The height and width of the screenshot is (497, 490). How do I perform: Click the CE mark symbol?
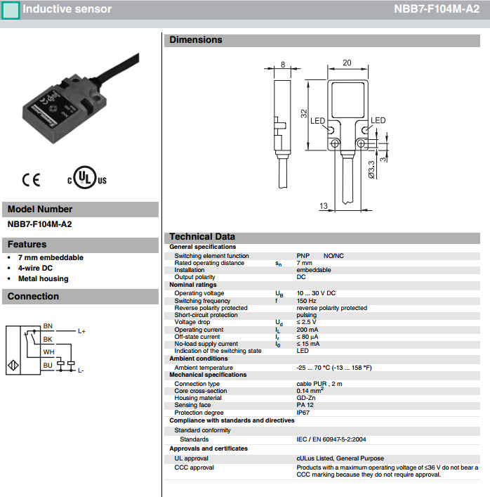pyautogui.click(x=31, y=179)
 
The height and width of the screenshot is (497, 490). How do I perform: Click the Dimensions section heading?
pyautogui.click(x=196, y=40)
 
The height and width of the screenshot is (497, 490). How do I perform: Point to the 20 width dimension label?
pyautogui.click(x=346, y=63)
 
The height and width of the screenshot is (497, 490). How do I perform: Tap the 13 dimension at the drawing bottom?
pyautogui.click(x=324, y=207)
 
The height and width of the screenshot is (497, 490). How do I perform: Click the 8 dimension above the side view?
pyautogui.click(x=282, y=64)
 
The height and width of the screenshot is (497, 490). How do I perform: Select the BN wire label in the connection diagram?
pyautogui.click(x=48, y=326)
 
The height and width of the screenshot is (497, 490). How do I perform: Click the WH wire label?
pyautogui.click(x=48, y=351)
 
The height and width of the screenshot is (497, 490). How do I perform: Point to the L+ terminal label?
pyautogui.click(x=81, y=330)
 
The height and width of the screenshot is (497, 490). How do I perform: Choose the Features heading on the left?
pyautogui.click(x=27, y=245)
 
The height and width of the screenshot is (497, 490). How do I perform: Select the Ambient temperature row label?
pyautogui.click(x=204, y=368)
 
